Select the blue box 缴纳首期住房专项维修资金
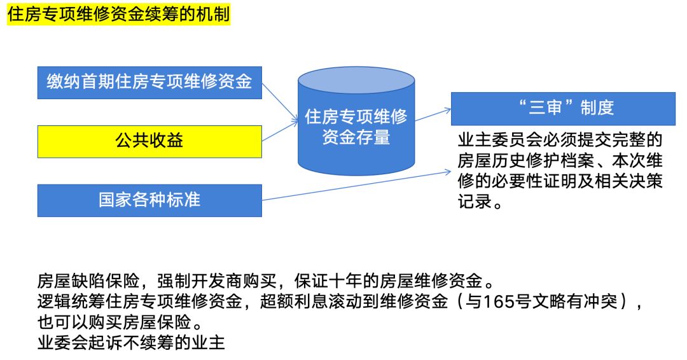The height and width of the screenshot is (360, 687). tap(149, 82)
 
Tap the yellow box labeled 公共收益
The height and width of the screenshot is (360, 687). tap(149, 141)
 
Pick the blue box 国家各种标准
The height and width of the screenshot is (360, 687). tap(149, 200)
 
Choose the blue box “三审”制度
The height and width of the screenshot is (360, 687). tap(562, 108)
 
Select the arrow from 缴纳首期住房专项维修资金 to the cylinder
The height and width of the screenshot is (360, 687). tap(280, 100)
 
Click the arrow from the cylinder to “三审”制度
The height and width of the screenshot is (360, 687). tap(433, 114)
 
